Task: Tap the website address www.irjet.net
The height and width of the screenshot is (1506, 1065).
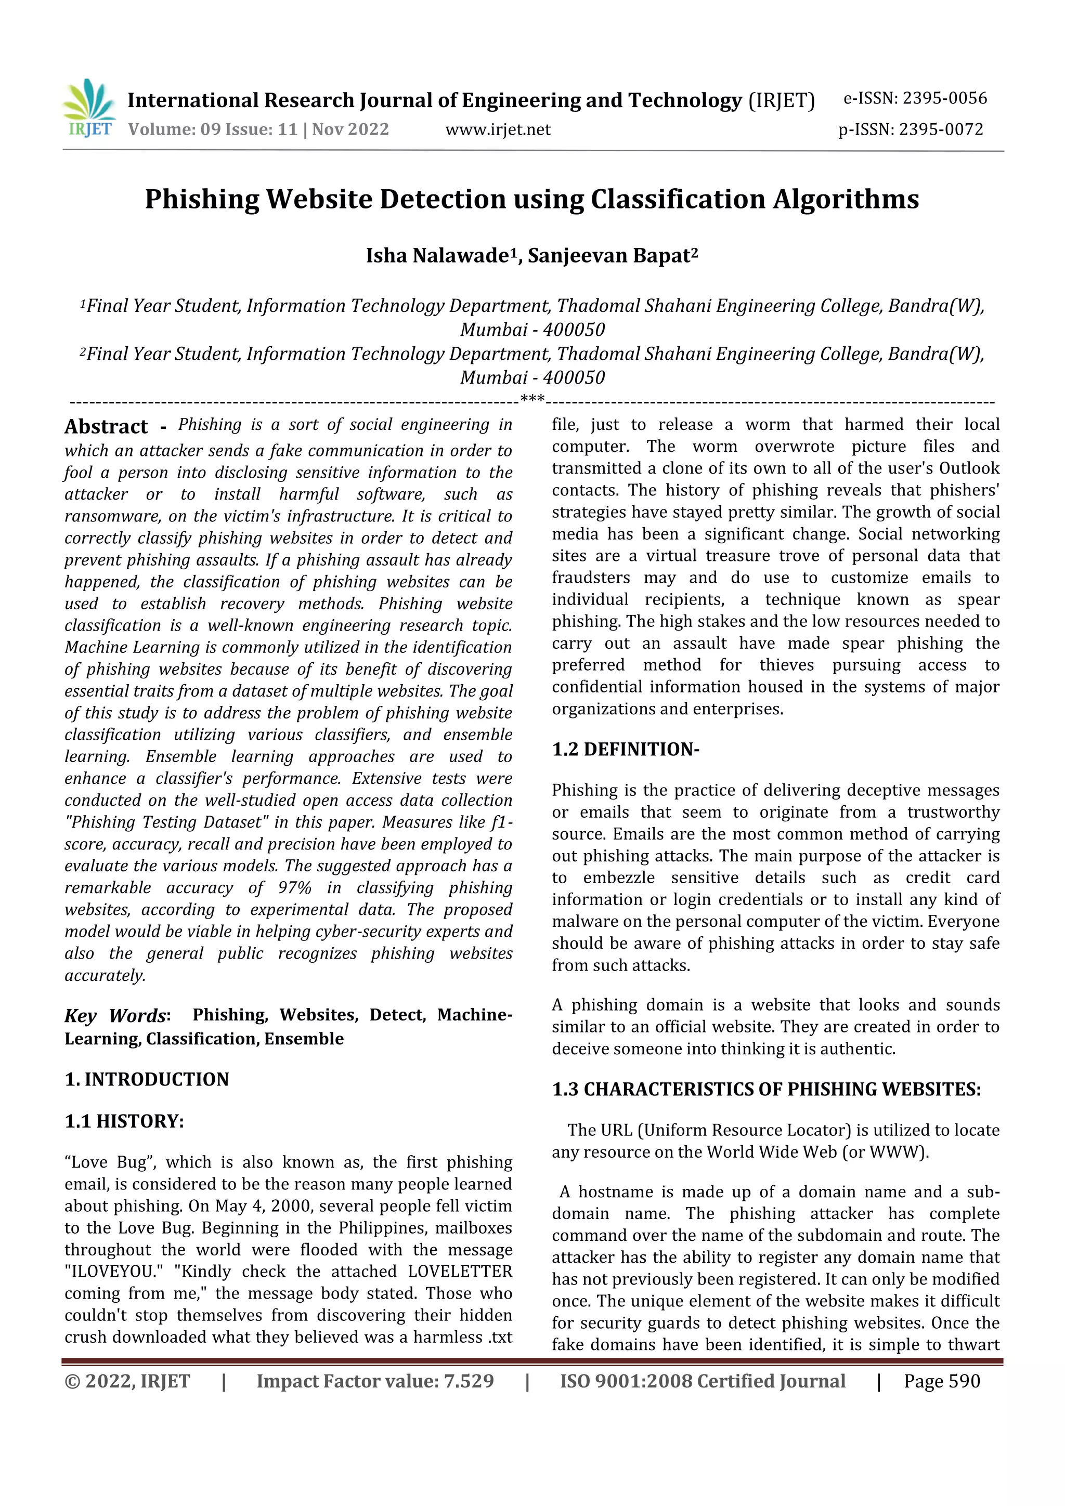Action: click(498, 130)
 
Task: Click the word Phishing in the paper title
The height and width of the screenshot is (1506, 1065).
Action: click(202, 200)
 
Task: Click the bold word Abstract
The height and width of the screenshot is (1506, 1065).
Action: click(106, 427)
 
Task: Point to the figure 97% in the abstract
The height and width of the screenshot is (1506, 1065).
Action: click(295, 888)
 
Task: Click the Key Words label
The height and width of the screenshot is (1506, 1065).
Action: click(116, 1016)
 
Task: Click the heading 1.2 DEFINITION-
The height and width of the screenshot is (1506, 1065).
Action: click(626, 750)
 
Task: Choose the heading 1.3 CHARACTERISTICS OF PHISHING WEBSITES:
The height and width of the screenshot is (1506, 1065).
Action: click(766, 1090)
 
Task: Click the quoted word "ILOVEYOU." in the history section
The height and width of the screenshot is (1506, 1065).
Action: click(113, 1272)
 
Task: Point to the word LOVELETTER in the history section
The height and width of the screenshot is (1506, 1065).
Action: click(459, 1272)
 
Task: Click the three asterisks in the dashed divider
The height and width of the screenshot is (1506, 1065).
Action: click(531, 399)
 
